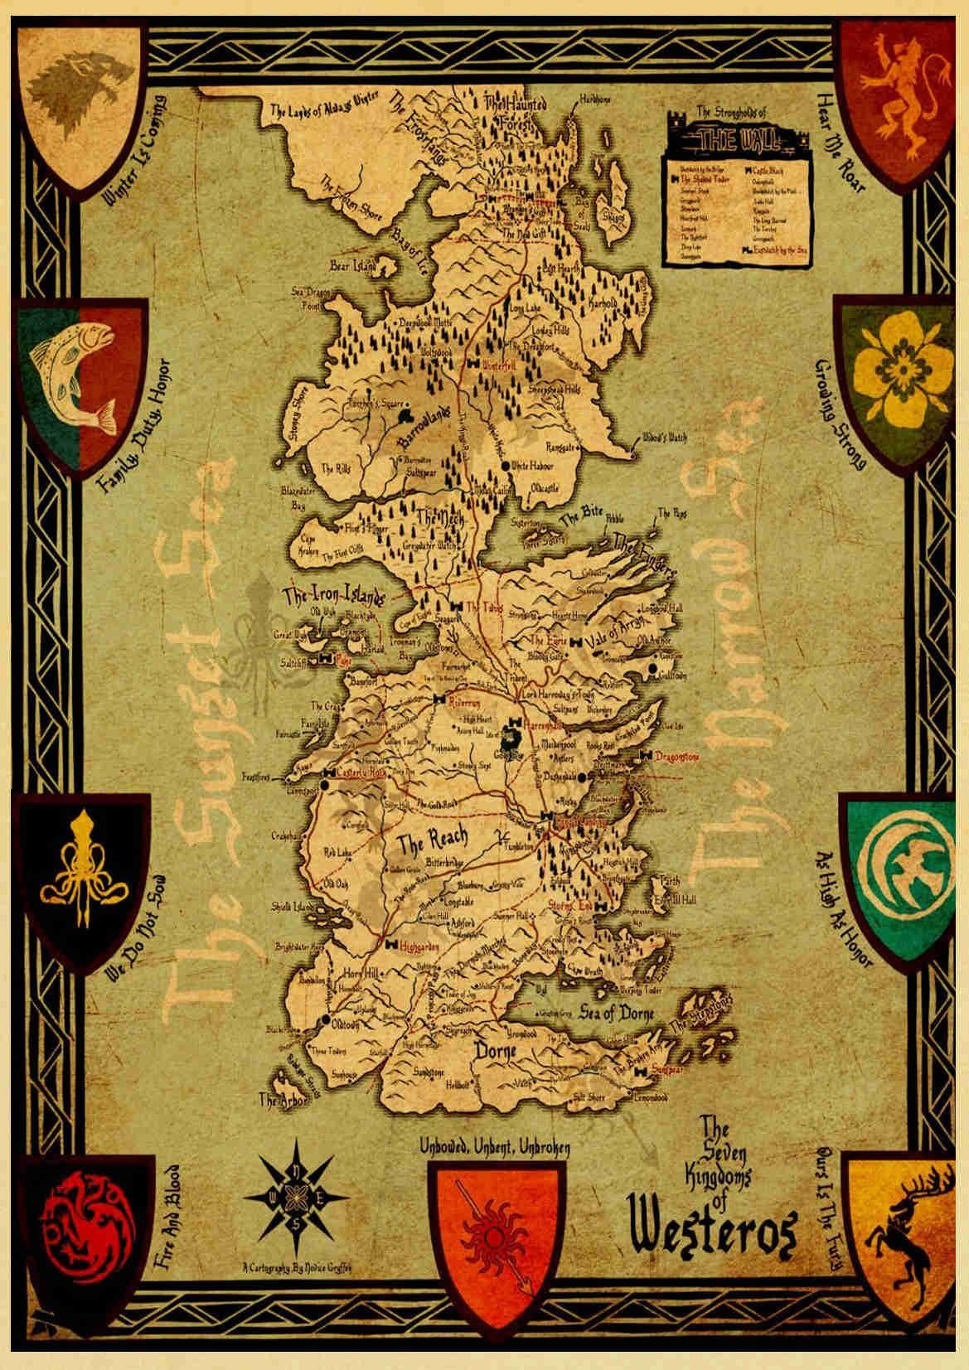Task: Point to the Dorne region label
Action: pos(495,1051)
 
